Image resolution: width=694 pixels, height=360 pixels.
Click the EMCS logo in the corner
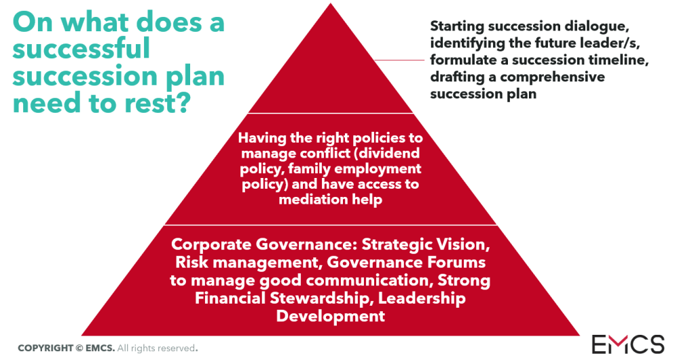pyautogui.click(x=628, y=344)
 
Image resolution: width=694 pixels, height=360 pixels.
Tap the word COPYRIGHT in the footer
pyautogui.click(x=45, y=348)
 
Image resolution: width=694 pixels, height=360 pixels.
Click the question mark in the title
pyautogui.click(x=183, y=102)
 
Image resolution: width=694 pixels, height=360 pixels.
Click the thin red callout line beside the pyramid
pyautogui.click(x=400, y=60)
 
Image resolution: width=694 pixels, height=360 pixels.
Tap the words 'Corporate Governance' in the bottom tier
pyautogui.click(x=264, y=245)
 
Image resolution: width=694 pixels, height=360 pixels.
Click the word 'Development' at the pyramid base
pyautogui.click(x=331, y=316)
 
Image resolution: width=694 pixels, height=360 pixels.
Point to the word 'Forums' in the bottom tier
pyautogui.click(x=457, y=262)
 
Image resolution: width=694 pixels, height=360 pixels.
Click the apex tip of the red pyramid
pyautogui.click(x=331, y=3)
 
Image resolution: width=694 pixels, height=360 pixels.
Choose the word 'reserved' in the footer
pyautogui.click(x=177, y=348)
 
